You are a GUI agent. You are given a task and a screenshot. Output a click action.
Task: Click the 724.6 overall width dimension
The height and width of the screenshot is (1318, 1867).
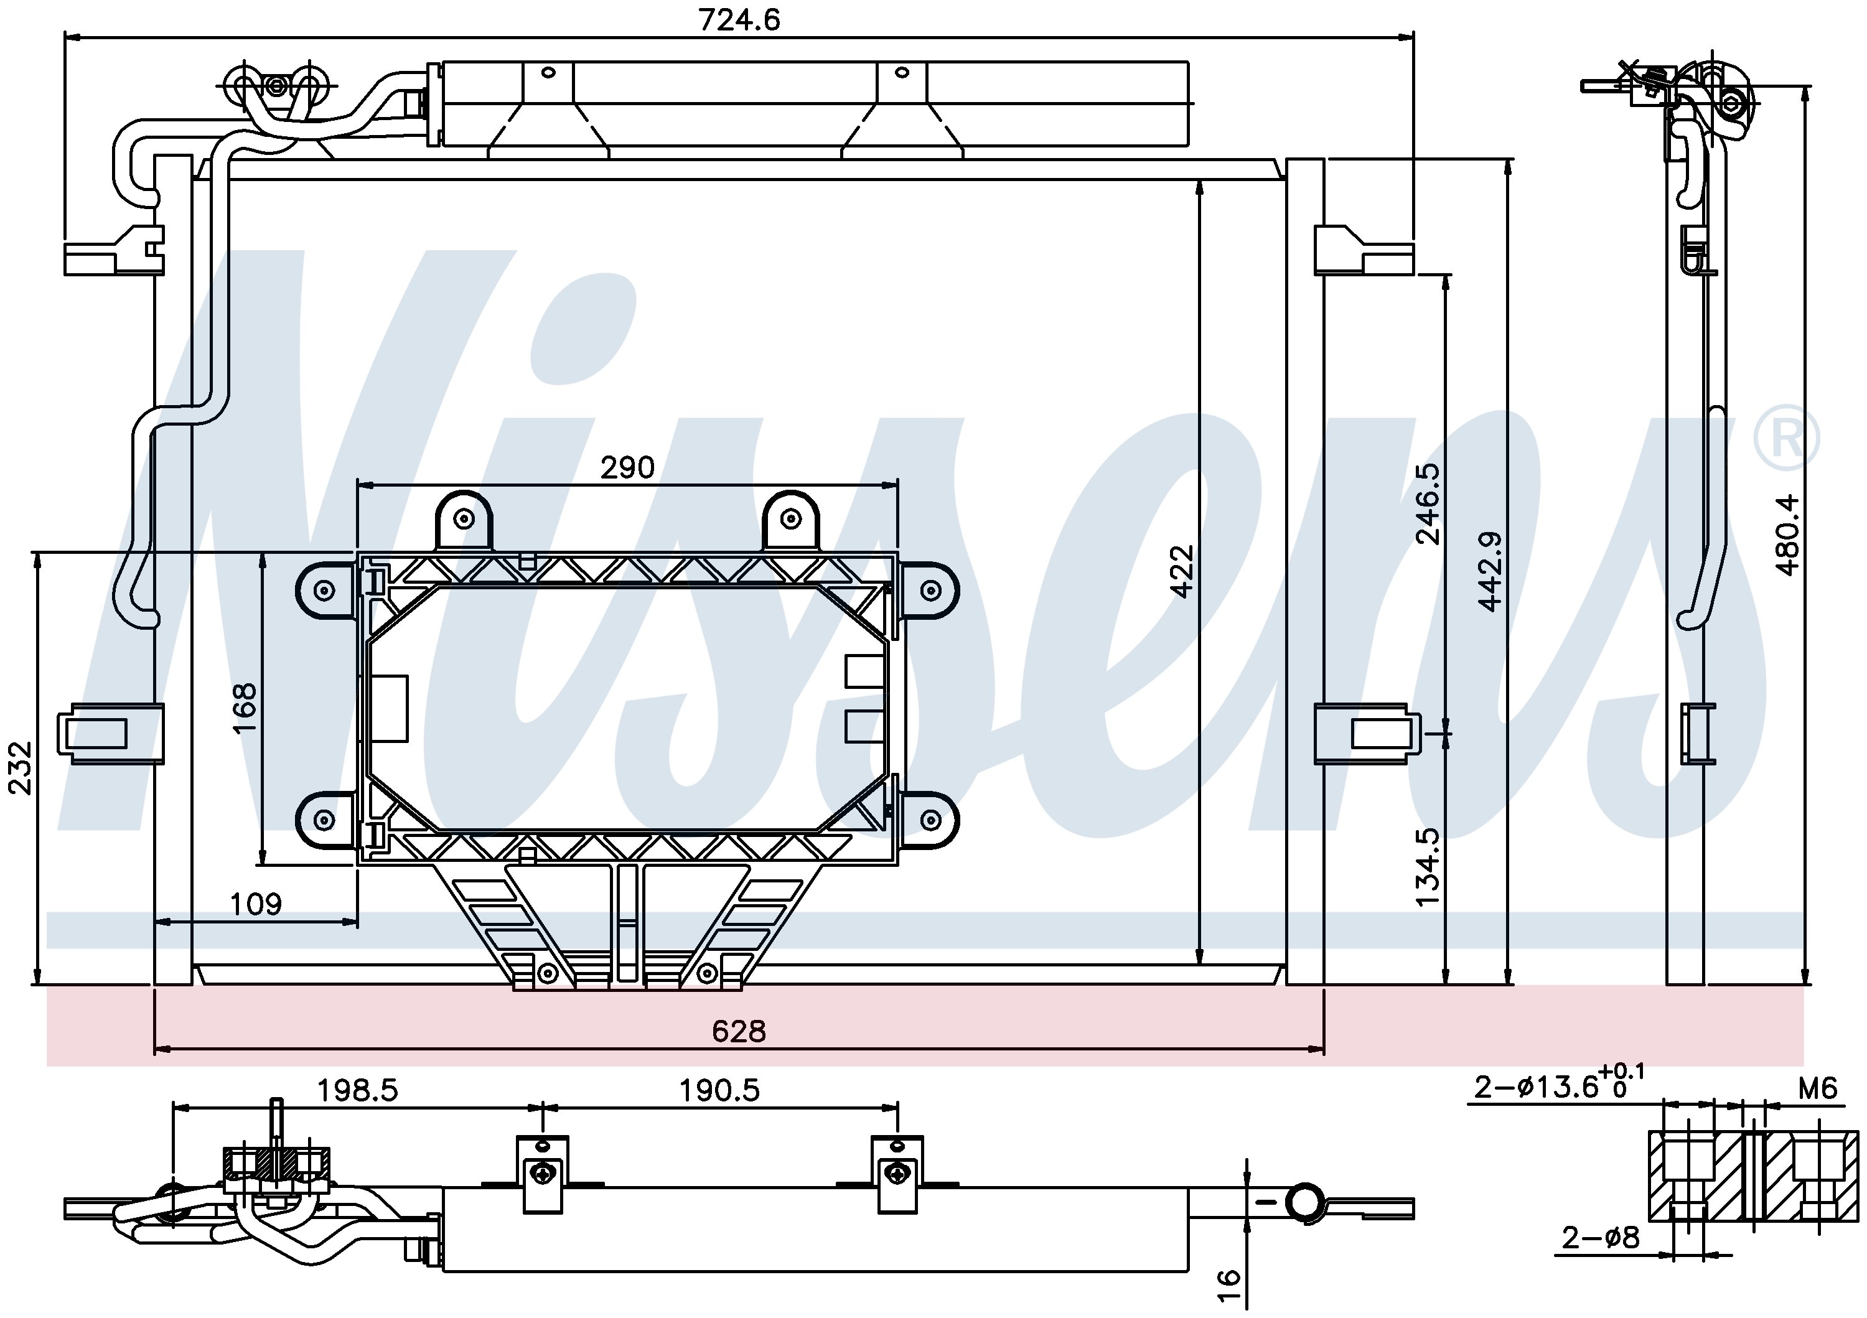point(739,19)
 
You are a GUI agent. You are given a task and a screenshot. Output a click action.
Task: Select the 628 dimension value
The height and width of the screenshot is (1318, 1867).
point(738,1032)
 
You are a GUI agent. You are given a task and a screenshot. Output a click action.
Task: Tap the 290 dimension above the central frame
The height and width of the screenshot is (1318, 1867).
point(627,467)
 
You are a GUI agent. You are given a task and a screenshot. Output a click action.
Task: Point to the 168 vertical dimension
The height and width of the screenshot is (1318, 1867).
point(244,708)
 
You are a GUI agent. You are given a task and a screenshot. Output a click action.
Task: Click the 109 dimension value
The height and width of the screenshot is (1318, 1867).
point(256,904)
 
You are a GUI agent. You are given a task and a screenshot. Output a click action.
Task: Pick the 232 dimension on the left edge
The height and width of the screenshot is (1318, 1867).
point(19,769)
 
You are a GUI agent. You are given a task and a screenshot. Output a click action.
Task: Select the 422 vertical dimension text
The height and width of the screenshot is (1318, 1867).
point(1182,572)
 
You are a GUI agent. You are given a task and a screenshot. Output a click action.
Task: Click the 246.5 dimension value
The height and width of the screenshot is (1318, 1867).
point(1428,503)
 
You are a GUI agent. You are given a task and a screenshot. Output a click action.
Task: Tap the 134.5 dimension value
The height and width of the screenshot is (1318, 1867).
point(1428,867)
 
